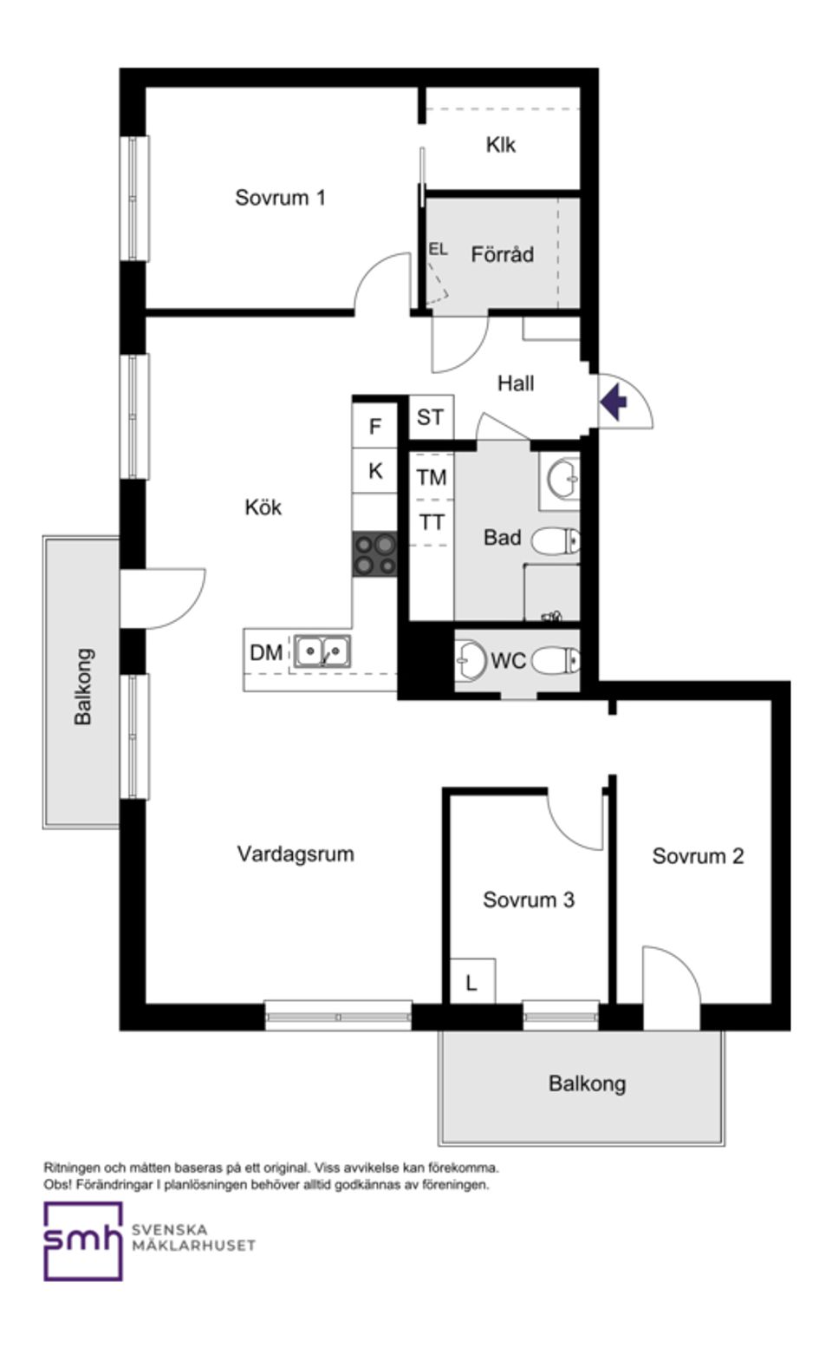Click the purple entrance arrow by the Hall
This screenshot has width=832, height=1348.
click(x=614, y=402)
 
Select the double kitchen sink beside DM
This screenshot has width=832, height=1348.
click(x=322, y=651)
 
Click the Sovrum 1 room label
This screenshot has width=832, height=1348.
click(x=280, y=198)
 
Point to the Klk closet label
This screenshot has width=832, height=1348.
click(x=500, y=145)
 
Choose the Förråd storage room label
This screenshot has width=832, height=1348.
click(x=502, y=255)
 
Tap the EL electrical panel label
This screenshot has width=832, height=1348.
click(x=438, y=249)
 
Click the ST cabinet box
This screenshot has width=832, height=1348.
click(x=430, y=418)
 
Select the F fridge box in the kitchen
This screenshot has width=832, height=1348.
click(x=375, y=426)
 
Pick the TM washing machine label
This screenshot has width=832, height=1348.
click(x=432, y=477)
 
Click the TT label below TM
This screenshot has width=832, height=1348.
click(x=432, y=522)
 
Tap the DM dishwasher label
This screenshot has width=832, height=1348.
click(x=266, y=652)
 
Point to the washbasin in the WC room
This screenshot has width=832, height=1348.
click(x=471, y=660)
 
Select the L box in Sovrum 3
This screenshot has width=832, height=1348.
click(x=471, y=982)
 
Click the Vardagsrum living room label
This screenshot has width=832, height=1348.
click(x=296, y=854)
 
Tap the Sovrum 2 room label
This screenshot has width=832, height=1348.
click(x=698, y=856)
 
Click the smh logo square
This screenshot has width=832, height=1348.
click(x=83, y=1241)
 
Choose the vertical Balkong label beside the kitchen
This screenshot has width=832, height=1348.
click(x=83, y=686)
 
